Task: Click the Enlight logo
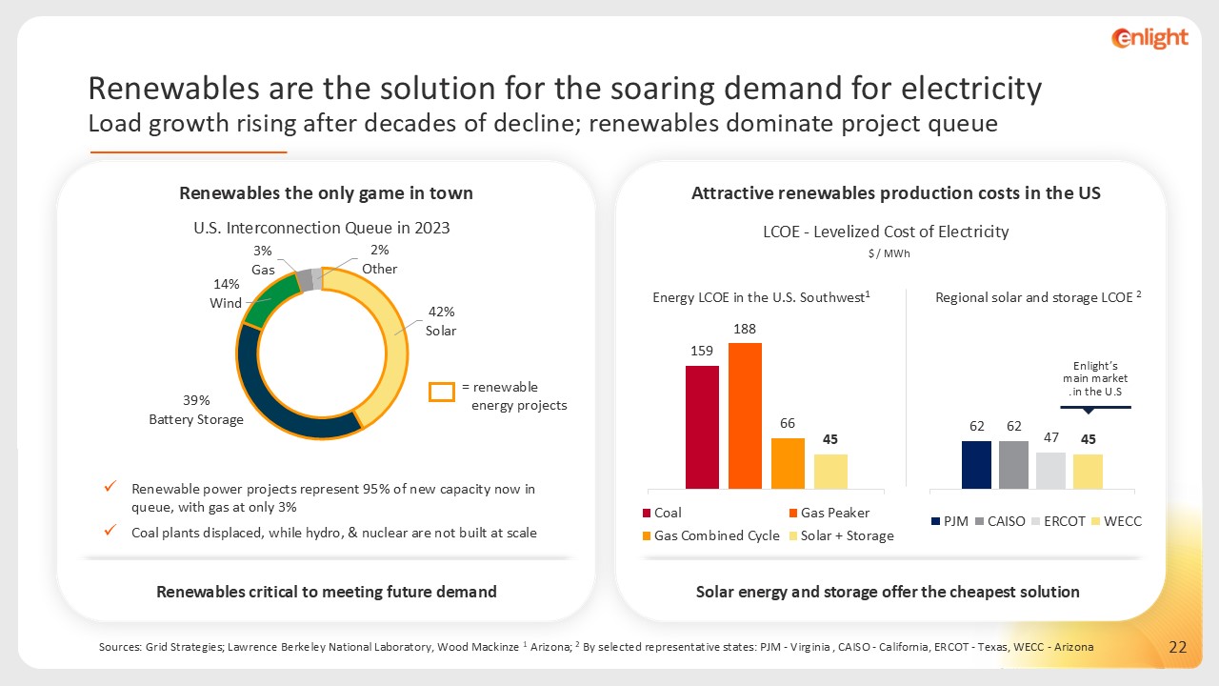pos(1149,38)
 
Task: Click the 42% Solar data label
pos(442,321)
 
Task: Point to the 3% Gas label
pos(263,260)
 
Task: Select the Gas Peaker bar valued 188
pos(745,415)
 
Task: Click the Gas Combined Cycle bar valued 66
pos(788,463)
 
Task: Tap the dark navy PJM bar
pos(976,464)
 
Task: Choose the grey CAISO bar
pos(1013,464)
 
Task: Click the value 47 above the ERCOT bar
pos(1050,438)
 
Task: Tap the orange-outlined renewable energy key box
pos(441,392)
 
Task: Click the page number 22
pos(1178,648)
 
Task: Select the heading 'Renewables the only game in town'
pos(326,193)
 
